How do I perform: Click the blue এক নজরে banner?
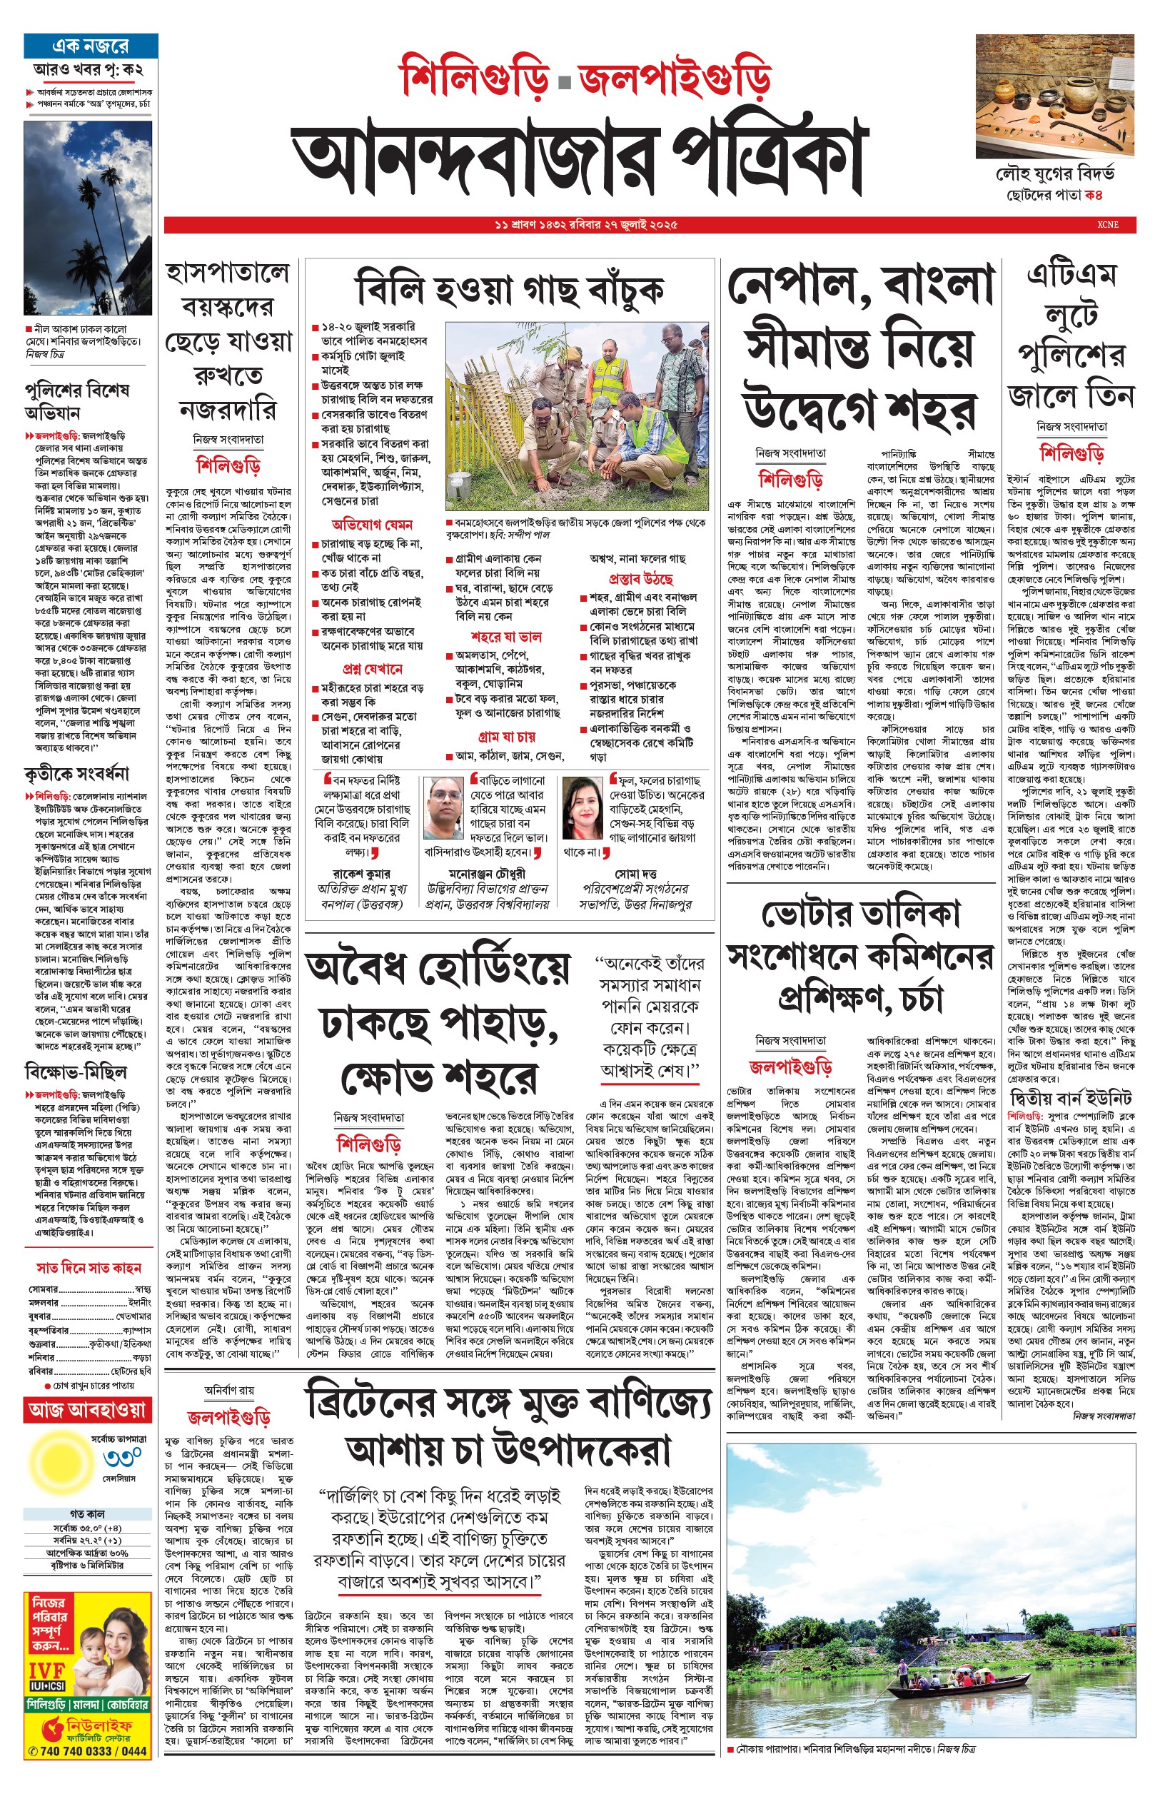(91, 45)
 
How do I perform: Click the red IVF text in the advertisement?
(46, 1672)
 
